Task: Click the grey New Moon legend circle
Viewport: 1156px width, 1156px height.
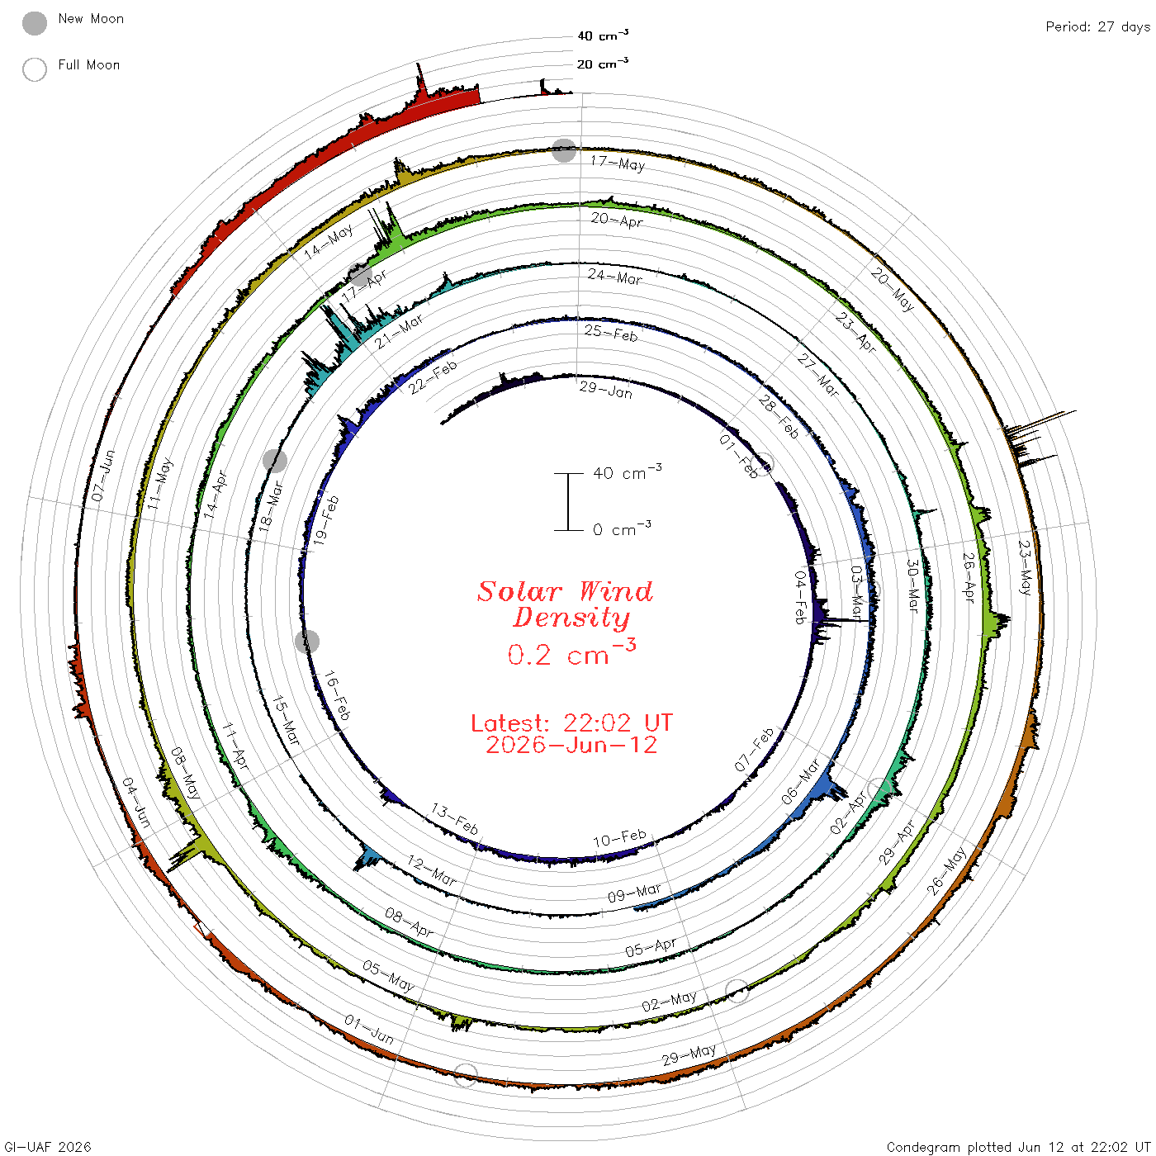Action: click(35, 23)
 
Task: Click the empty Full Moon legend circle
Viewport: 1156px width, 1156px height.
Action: click(35, 69)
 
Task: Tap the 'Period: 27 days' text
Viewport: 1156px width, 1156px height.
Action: click(1097, 27)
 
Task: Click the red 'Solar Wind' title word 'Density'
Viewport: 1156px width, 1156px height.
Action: click(571, 618)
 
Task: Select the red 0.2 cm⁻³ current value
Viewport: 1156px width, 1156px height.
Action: click(571, 653)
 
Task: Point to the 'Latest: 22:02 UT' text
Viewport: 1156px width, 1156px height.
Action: click(571, 722)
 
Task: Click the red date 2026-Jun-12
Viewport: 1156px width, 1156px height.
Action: click(571, 745)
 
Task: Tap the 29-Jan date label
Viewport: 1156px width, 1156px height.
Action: click(606, 390)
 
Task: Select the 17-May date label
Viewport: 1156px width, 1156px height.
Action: click(618, 163)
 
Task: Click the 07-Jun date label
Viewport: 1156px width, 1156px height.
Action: click(103, 475)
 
